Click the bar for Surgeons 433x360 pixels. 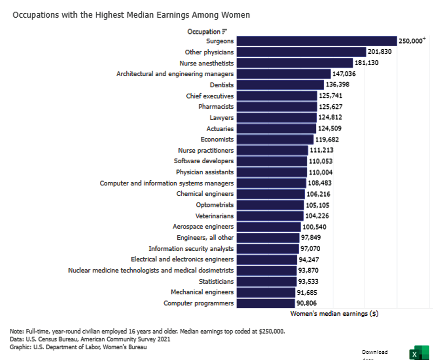click(316, 41)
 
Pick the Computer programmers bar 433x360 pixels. click(265, 303)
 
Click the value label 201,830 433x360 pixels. click(380, 52)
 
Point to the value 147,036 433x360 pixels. click(344, 74)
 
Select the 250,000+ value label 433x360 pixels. click(412, 41)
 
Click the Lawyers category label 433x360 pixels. click(222, 118)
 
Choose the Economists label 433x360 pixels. click(217, 140)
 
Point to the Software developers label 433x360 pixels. click(203, 161)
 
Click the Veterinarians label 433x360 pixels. click(215, 216)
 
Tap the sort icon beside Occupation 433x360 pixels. click(224, 32)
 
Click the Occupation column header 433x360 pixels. click(203, 32)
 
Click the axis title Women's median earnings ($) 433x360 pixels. click(334, 314)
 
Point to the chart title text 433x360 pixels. click(131, 15)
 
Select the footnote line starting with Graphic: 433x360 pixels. click(79, 347)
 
